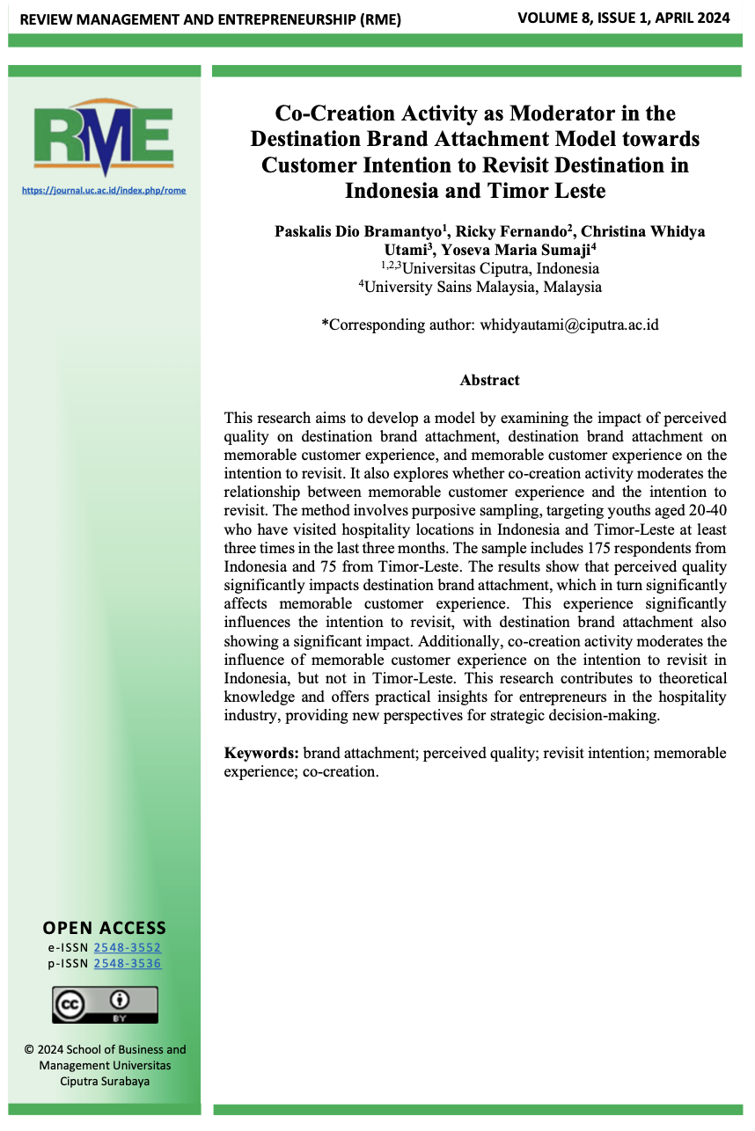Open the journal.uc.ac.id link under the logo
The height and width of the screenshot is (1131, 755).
pyautogui.click(x=104, y=190)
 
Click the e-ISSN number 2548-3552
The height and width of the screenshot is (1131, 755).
pyautogui.click(x=128, y=947)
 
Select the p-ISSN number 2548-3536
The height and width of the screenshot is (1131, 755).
pyautogui.click(x=128, y=963)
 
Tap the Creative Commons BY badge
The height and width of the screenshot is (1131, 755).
pyautogui.click(x=105, y=1004)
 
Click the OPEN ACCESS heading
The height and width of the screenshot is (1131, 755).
pyautogui.click(x=104, y=928)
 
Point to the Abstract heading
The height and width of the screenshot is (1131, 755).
pyautogui.click(x=489, y=380)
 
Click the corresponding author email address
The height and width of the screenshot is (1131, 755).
pyautogui.click(x=568, y=325)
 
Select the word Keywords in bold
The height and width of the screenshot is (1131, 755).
pyautogui.click(x=261, y=753)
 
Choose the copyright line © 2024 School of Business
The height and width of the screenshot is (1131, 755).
pyautogui.click(x=105, y=1048)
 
